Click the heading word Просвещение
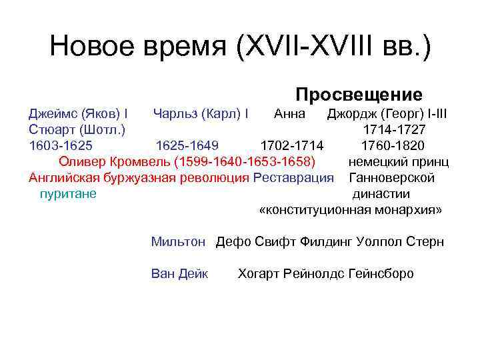(359, 95)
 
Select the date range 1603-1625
(61, 145)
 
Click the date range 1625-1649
(187, 145)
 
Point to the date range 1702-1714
(292, 145)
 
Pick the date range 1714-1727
(395, 129)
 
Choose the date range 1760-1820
(393, 145)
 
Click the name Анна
(290, 113)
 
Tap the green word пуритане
(67, 194)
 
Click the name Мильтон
(178, 241)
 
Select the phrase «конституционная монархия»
(351, 210)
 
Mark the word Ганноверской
(392, 177)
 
